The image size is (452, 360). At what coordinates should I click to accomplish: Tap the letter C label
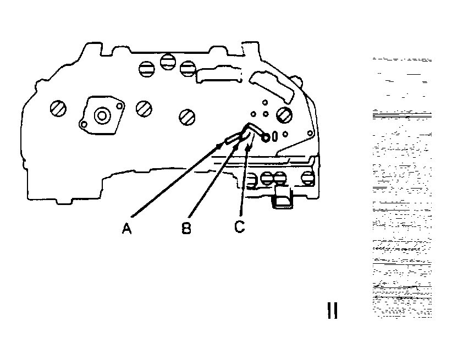pos(239,225)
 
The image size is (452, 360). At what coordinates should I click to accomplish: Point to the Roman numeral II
pos(332,311)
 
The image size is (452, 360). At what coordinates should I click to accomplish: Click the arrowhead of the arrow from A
pos(222,146)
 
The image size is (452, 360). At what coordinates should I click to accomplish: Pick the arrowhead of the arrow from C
pos(249,147)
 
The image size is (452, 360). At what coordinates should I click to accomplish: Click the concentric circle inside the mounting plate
pos(102,115)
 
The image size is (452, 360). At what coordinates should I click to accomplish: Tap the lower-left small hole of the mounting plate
pos(83,125)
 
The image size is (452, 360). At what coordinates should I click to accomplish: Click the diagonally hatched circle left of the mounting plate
pos(57,108)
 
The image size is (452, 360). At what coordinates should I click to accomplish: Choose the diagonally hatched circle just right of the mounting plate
pos(144,108)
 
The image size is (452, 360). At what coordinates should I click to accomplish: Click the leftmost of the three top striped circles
pos(146,68)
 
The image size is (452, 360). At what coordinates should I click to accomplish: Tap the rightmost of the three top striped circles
pos(188,68)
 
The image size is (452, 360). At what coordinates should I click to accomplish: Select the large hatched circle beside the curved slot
pos(284,115)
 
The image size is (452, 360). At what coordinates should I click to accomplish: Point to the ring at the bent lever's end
pos(266,137)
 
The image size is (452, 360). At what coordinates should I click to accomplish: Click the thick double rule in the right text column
pos(402,114)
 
